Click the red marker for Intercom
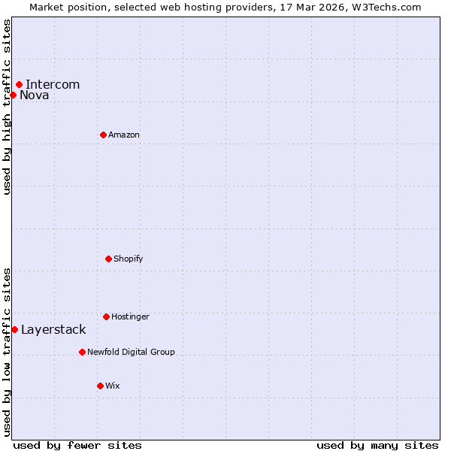(19, 84)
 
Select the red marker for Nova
(13, 95)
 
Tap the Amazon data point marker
(103, 135)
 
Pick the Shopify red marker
(108, 259)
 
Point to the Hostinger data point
(106, 316)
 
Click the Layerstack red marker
(14, 329)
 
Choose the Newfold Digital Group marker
(82, 352)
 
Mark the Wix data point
(100, 386)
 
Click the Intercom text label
(53, 84)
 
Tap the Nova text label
(35, 95)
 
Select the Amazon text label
(124, 135)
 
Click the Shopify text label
(129, 259)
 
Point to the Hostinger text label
(130, 316)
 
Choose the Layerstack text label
(53, 329)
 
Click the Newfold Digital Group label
(131, 352)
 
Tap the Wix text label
(113, 386)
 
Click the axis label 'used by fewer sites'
(77, 445)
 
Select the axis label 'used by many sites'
(377, 445)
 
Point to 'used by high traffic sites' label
(7, 107)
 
